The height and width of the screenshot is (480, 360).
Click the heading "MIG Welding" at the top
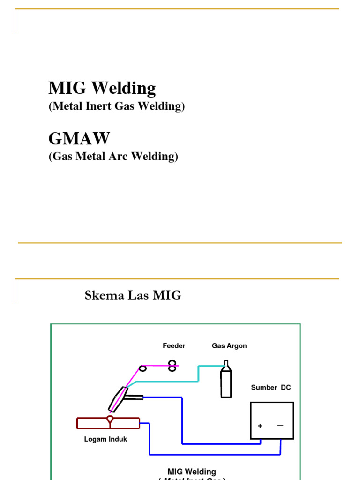point(102,88)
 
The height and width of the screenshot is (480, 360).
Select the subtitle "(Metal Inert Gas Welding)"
point(117,106)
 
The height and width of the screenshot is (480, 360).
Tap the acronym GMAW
point(79,138)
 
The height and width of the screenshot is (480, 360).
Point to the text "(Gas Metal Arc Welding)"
point(113,156)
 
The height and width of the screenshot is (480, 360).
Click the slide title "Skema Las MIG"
point(133,295)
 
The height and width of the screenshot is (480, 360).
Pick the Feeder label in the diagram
point(174,346)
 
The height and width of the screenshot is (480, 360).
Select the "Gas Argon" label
point(229,346)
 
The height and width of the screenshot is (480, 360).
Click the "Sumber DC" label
point(271,388)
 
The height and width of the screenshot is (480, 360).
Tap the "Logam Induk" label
point(105,439)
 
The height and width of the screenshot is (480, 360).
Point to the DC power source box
point(272,420)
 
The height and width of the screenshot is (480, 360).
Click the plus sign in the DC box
point(260,426)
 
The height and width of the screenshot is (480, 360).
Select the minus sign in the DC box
point(280,425)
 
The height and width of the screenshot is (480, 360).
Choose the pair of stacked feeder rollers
point(172,366)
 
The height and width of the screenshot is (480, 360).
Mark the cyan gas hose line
point(199,374)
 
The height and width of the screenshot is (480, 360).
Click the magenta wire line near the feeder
point(157,366)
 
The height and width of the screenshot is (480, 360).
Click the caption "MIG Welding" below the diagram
point(192,472)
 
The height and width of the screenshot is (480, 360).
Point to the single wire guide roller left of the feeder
point(143,368)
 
